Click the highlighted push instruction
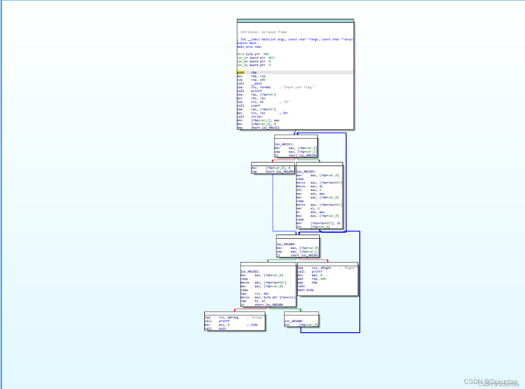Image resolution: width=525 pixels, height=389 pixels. click(x=240, y=73)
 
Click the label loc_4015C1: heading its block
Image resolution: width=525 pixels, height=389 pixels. click(x=284, y=144)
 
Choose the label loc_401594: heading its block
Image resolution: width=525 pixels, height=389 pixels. click(x=306, y=172)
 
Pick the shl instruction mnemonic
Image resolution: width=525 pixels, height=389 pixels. click(x=300, y=190)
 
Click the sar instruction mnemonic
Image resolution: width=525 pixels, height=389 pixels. click(x=300, y=208)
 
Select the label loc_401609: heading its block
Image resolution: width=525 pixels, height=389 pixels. click(x=286, y=244)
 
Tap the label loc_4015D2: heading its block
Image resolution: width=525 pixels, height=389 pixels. click(x=250, y=272)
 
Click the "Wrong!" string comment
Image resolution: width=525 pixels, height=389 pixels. click(x=256, y=317)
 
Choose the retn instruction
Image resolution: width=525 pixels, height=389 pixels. click(x=301, y=286)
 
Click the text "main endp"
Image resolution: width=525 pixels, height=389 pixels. click(x=305, y=290)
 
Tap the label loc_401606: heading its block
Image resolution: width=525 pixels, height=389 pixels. click(x=294, y=321)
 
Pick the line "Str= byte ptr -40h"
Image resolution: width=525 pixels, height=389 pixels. click(x=253, y=54)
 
